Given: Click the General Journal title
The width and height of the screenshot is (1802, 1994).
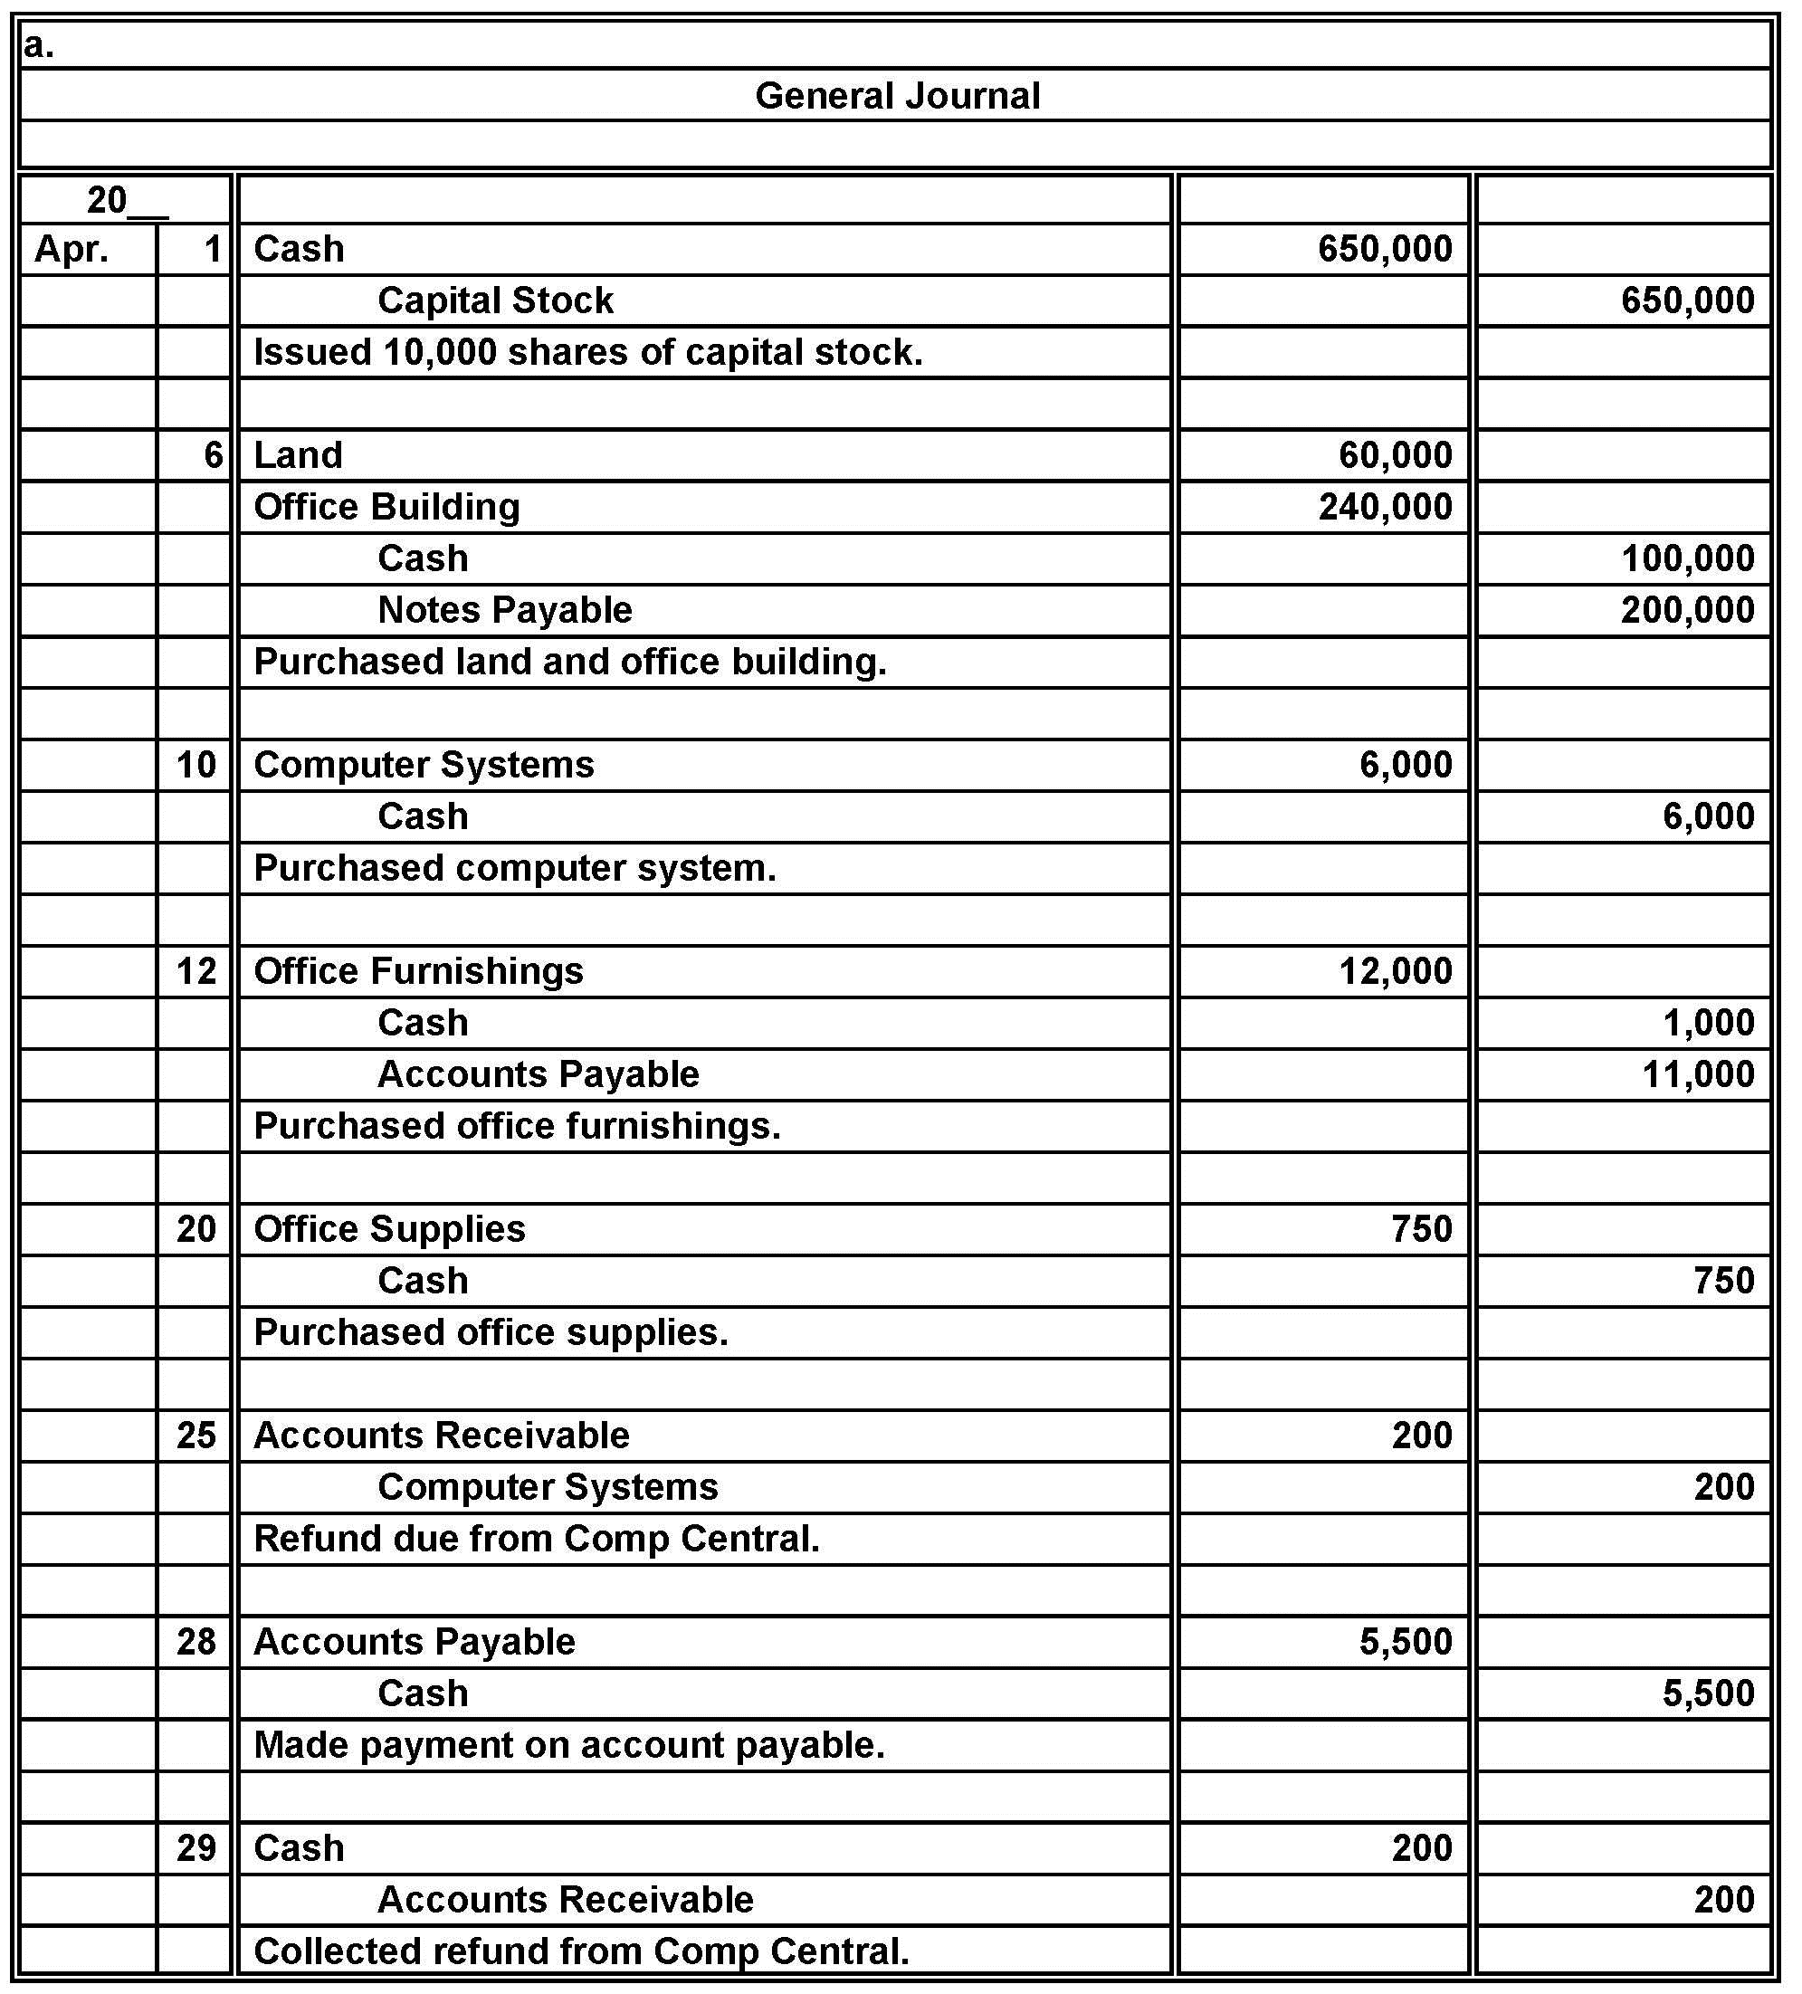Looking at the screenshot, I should tap(897, 96).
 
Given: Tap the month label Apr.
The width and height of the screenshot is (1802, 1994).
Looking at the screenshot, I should tap(72, 249).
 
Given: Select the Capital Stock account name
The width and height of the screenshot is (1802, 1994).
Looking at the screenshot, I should tap(495, 301).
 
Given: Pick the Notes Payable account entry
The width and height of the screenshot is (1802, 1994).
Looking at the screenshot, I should tap(504, 610).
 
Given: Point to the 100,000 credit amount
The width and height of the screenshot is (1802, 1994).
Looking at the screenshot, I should tap(1687, 558).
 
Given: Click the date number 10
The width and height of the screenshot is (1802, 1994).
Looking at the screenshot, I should tap(195, 765).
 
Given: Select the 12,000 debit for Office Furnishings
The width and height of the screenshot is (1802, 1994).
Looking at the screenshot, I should tap(1396, 971).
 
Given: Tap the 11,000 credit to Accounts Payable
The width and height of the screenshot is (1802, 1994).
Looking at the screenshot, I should tap(1698, 1074).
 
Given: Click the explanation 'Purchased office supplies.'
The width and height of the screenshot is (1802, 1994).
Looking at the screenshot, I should tap(491, 1332).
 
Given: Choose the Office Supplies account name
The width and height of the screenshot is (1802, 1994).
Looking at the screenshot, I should tap(390, 1229).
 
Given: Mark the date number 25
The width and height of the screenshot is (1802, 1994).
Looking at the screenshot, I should tap(195, 1436).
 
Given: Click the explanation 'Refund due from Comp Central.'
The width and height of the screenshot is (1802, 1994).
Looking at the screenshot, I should tap(536, 1539).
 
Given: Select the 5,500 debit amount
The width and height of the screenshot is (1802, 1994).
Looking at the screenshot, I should tap(1406, 1642).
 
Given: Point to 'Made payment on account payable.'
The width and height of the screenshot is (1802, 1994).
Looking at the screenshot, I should tap(568, 1745).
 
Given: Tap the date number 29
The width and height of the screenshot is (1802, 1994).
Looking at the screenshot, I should tap(195, 1847).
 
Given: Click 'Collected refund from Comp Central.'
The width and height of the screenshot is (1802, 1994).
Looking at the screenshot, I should tap(580, 1951).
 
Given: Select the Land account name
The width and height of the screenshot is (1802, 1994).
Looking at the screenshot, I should tap(298, 456).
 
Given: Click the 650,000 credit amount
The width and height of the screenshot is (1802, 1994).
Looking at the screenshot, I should tap(1687, 301).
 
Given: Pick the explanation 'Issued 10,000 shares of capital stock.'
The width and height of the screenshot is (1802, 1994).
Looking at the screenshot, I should tap(587, 353).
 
